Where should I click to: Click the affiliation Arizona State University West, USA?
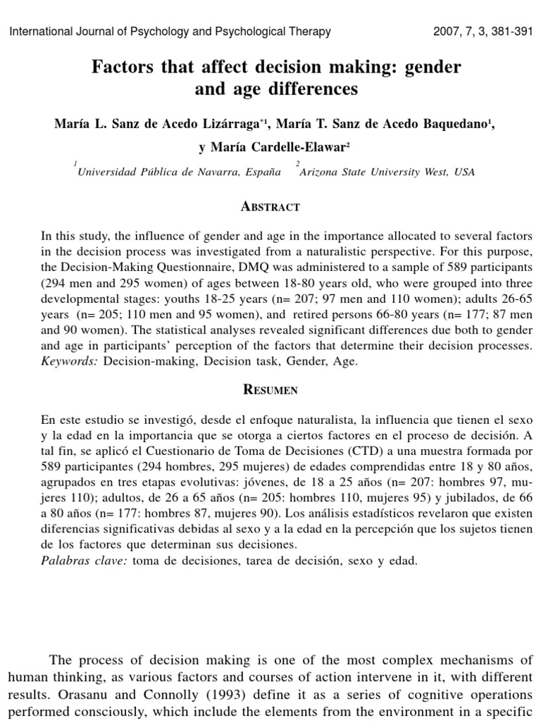click(387, 172)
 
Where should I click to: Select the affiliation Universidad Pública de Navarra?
click(179, 172)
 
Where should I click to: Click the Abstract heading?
click(270, 207)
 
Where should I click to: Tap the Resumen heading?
click(270, 389)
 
